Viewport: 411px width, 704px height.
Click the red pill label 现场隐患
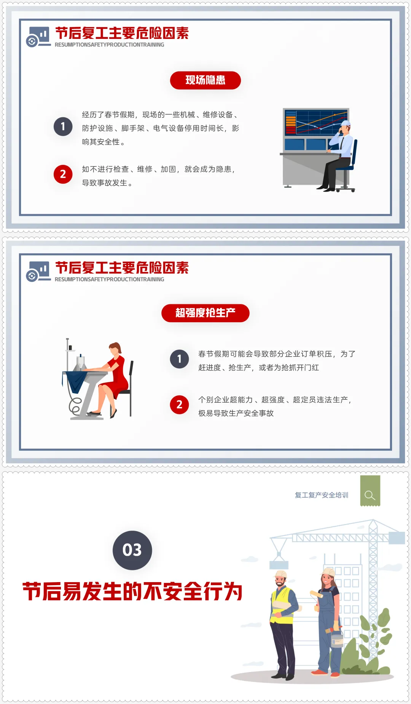coord(205,80)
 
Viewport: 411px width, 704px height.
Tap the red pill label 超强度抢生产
coord(205,313)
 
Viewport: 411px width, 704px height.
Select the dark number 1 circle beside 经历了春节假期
coord(63,126)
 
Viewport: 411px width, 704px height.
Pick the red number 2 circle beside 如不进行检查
coord(63,174)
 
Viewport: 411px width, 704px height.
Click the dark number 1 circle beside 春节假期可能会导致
coord(179,359)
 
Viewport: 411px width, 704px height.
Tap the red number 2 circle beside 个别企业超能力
coord(179,405)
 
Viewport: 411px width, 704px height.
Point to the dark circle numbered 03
coord(132,550)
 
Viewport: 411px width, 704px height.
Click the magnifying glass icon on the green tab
coord(370,495)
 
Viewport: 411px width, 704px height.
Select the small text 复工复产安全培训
coord(322,495)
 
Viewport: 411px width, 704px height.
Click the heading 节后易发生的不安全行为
coord(132,592)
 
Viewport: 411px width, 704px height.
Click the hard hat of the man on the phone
coord(346,123)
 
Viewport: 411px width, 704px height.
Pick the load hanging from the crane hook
coord(279,565)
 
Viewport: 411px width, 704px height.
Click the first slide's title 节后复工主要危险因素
coord(122,33)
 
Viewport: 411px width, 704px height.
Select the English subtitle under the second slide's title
coord(110,279)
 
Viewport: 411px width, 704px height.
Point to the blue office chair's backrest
coord(354,154)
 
